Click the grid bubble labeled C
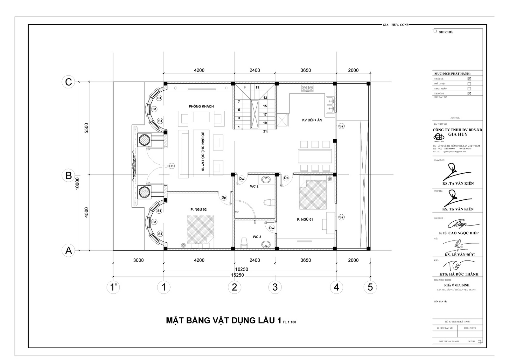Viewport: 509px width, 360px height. coord(68,82)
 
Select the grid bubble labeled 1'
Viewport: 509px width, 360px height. coord(113,287)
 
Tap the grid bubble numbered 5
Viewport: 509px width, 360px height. coord(370,287)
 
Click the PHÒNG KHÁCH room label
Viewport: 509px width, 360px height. coord(201,106)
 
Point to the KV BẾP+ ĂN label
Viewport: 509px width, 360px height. coord(312,120)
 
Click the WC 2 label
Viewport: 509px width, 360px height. coord(254,186)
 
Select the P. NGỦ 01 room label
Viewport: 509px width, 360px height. coord(305,219)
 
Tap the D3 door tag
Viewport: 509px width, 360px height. coord(171,166)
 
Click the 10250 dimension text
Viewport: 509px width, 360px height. coord(241,269)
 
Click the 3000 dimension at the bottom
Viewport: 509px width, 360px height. coord(138,260)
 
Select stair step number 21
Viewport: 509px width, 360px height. coord(265,131)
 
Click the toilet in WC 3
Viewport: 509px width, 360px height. coord(244,242)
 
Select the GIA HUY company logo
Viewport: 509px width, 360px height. coord(440,137)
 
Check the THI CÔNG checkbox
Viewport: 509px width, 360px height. coord(469,94)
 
